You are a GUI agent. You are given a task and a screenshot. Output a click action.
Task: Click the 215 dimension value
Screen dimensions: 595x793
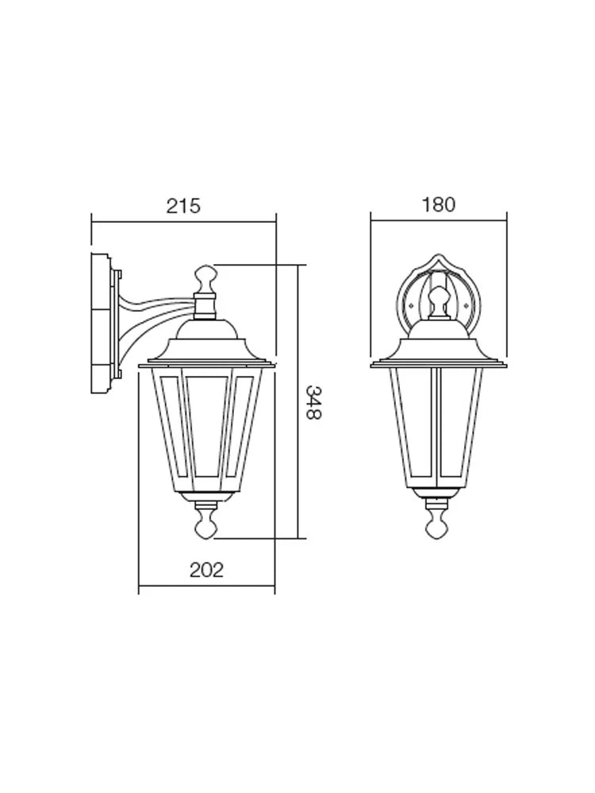tap(184, 206)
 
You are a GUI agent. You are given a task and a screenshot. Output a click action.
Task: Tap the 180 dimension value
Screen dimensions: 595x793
tap(439, 205)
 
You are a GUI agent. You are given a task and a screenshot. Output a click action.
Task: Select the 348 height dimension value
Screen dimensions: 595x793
tap(313, 403)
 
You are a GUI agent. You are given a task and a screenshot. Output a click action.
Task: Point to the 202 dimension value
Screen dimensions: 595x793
tap(206, 570)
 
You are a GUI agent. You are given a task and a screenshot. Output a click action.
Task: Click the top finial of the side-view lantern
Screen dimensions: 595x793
tap(205, 277)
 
